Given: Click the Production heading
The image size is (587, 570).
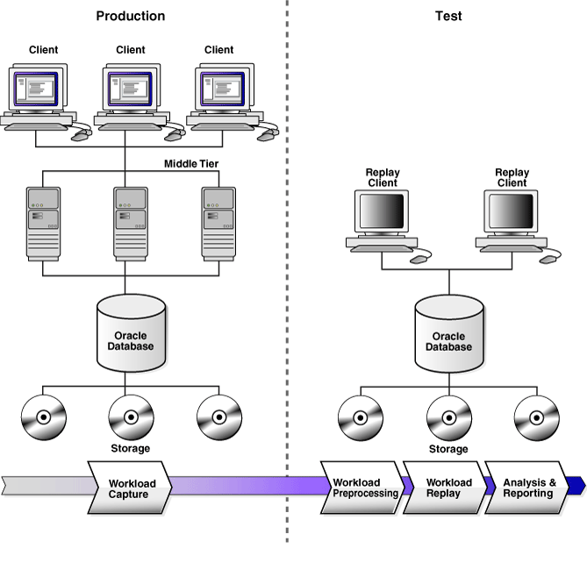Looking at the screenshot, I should [x=130, y=16].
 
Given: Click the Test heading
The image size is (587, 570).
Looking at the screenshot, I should [x=448, y=16].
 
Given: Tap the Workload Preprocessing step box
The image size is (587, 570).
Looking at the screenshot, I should [x=365, y=488].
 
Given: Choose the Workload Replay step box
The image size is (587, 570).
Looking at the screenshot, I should [x=448, y=488].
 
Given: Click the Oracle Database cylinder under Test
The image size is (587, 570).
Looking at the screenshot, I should [x=448, y=335].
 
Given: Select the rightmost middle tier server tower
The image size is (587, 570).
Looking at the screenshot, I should [x=218, y=224].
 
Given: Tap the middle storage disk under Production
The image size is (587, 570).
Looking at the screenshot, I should [x=131, y=416].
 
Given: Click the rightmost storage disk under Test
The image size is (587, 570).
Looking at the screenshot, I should [x=536, y=416].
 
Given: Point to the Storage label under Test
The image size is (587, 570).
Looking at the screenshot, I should [x=448, y=449].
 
